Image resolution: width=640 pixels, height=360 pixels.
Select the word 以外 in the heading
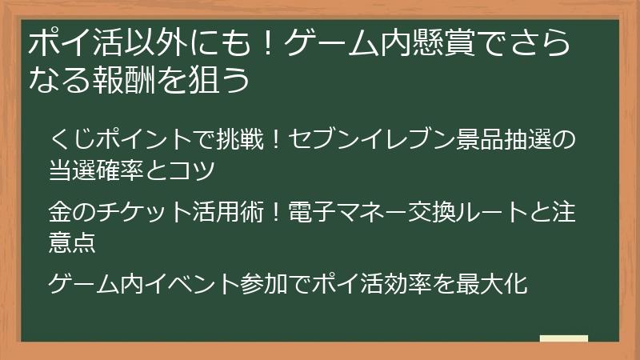[143, 44]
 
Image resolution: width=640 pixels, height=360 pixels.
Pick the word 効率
[408, 282]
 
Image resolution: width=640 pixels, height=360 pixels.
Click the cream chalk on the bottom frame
[563, 339]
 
